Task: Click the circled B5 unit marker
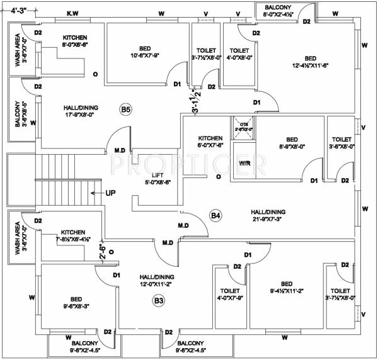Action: click(126, 110)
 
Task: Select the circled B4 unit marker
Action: click(216, 217)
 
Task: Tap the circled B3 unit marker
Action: click(159, 301)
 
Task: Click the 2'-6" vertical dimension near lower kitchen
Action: click(102, 252)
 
